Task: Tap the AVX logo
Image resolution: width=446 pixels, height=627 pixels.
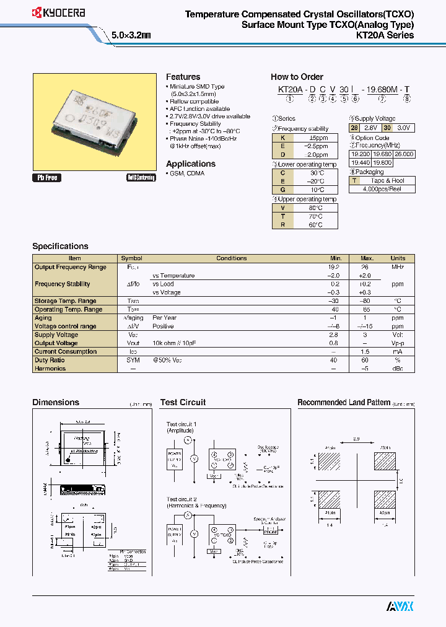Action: point(400,605)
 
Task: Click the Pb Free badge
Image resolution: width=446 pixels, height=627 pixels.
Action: point(47,178)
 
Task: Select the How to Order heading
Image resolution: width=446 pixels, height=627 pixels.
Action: point(297,77)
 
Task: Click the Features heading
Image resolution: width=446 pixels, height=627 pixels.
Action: point(183,77)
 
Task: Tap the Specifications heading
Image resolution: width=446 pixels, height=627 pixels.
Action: point(60,246)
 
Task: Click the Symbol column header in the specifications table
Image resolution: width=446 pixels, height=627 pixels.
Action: point(131,258)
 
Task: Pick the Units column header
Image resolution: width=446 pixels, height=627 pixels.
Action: point(398,258)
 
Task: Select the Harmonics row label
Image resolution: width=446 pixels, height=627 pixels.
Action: point(50,369)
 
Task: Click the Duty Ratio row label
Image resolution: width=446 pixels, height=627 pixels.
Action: point(50,360)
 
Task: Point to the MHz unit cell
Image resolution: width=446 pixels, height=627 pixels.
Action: point(398,267)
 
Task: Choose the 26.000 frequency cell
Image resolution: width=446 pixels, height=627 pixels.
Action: point(404,154)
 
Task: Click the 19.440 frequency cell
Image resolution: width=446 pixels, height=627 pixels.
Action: point(361,162)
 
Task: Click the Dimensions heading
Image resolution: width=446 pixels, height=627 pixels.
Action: point(56,402)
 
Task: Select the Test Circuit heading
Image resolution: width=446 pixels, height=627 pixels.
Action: point(183,402)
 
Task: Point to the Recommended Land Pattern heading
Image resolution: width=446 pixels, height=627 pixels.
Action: point(344,402)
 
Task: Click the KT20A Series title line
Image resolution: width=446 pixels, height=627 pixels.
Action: point(385,35)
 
